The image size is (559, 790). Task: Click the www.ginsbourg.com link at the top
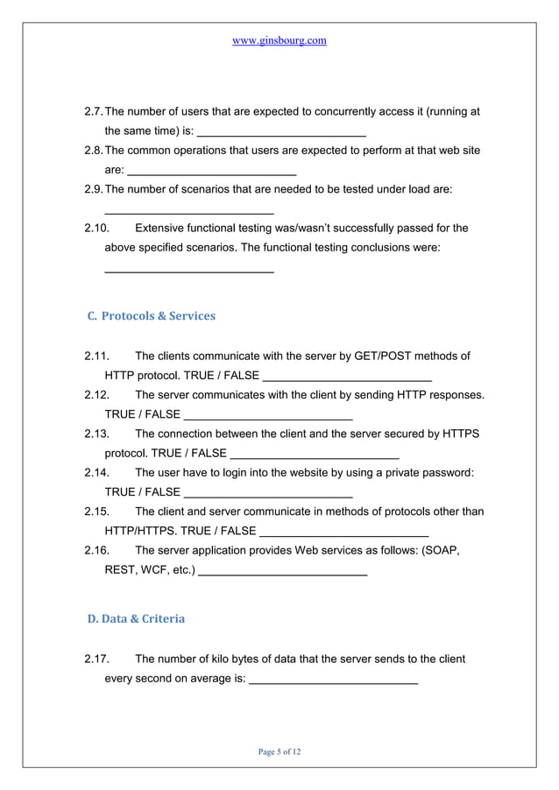(x=279, y=41)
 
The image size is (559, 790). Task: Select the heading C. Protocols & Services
(x=152, y=315)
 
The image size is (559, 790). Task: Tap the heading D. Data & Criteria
(x=137, y=618)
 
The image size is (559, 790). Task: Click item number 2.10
(x=96, y=229)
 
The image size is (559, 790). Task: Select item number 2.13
(x=96, y=434)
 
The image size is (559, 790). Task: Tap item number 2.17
(x=96, y=659)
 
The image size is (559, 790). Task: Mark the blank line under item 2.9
(x=189, y=213)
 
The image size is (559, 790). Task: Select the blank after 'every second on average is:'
(x=333, y=681)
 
